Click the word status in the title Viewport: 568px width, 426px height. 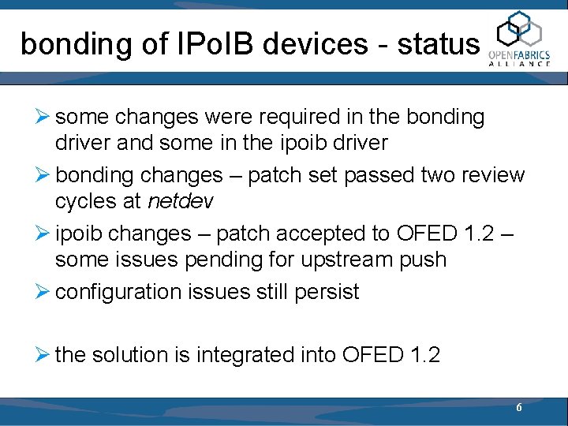(x=439, y=44)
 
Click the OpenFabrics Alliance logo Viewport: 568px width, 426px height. (x=519, y=39)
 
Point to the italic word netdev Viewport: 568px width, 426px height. (x=180, y=201)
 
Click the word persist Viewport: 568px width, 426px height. (x=327, y=292)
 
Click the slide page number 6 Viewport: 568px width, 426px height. (x=518, y=408)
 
